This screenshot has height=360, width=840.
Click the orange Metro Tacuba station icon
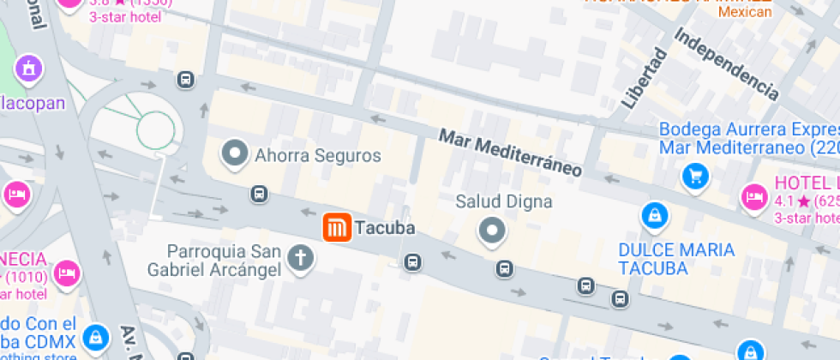point(336,228)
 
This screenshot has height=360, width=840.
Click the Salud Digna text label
point(503,202)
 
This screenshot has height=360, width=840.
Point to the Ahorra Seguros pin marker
point(234,155)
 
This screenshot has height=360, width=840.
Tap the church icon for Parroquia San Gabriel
point(300,257)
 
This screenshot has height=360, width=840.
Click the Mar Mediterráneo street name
point(510,153)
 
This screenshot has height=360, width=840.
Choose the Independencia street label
point(726,63)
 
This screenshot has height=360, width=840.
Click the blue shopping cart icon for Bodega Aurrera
point(695,177)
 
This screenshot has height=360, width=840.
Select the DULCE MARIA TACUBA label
point(677,259)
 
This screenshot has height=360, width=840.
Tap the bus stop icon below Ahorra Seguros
point(258,194)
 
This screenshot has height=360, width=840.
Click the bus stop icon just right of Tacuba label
point(413,261)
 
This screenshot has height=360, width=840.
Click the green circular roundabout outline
point(156,130)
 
